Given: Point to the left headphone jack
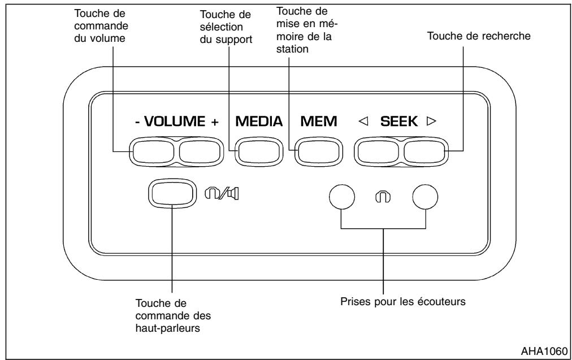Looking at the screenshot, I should click(342, 196).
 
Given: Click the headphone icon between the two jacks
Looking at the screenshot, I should click(384, 196).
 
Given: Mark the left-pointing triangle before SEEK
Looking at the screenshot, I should click(364, 122).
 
